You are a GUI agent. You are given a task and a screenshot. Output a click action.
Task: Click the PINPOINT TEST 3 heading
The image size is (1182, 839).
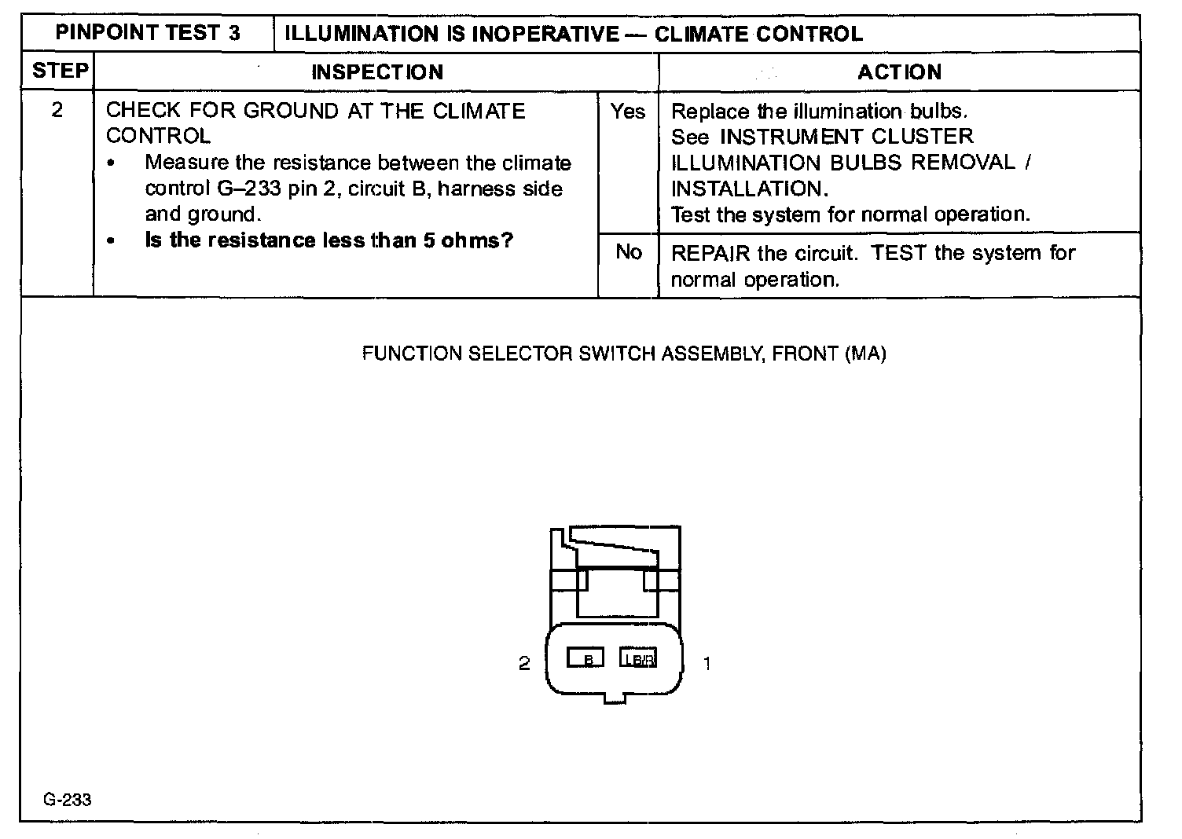148,33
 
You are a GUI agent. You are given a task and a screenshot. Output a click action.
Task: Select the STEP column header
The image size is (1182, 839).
60,71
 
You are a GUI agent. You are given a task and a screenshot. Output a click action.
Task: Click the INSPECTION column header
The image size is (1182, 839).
377,72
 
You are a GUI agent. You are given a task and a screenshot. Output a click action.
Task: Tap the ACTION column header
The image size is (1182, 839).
899,72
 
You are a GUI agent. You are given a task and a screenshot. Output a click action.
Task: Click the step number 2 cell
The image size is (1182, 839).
57,110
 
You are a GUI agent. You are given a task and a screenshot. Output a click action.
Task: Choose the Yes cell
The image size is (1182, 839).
627,112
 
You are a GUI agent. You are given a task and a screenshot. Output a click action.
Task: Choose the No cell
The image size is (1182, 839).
628,252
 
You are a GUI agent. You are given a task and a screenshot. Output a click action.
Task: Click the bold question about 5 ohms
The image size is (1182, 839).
329,240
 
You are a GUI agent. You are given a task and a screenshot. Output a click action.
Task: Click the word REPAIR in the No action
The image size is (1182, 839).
710,253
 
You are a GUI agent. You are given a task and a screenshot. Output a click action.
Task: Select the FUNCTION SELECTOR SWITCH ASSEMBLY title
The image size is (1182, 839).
624,354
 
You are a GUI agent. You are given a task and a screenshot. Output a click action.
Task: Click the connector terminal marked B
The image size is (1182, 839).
585,658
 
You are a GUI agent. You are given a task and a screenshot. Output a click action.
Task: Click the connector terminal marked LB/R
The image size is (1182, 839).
638,658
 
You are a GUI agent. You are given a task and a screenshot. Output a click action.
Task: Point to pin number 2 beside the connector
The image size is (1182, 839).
524,664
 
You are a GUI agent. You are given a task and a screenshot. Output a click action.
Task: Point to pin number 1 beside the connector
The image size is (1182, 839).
707,664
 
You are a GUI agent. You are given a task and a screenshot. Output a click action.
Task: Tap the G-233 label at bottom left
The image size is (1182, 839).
68,800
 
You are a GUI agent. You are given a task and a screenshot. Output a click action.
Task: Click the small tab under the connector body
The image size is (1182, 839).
615,698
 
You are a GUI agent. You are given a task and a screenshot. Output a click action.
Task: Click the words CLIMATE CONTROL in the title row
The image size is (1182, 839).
758,34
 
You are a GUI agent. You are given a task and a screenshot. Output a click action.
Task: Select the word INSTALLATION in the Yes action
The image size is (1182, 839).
746,189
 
